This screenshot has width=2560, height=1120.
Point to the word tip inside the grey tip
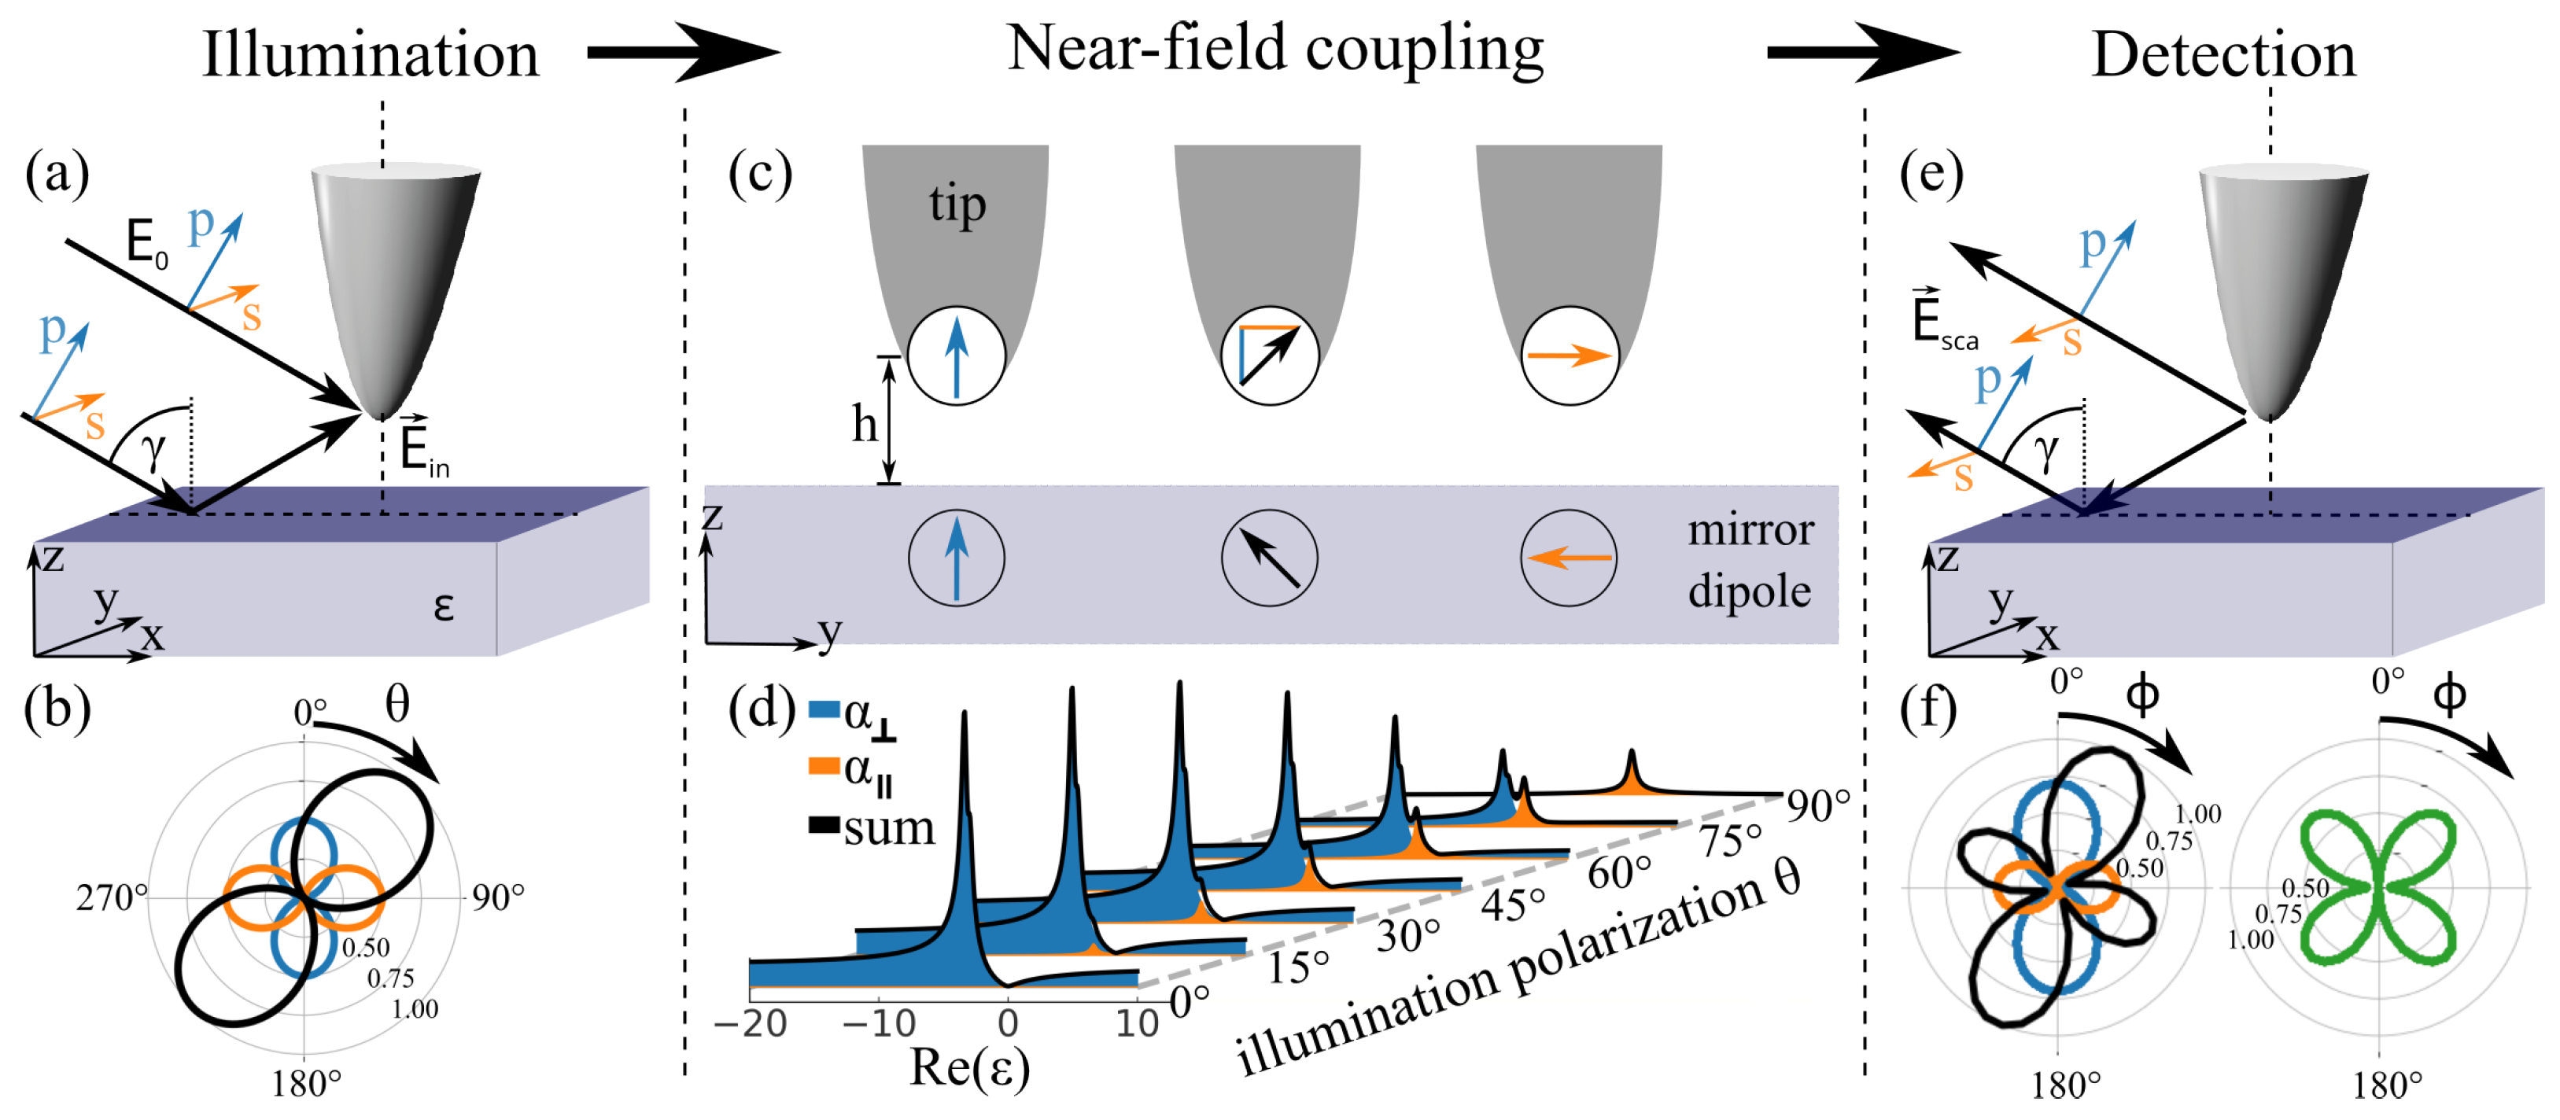(x=957, y=204)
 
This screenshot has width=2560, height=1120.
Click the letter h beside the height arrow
(x=865, y=426)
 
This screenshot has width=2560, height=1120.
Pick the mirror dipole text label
(x=1750, y=561)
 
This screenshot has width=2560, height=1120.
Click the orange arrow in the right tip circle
(x=1568, y=356)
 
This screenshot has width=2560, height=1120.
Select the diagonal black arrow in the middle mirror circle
(x=1270, y=558)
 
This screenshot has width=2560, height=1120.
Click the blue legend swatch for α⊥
(x=824, y=710)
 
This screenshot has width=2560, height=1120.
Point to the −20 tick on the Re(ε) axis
(x=751, y=1023)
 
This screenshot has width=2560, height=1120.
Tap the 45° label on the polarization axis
(x=1513, y=904)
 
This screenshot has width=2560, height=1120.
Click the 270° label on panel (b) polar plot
(x=110, y=898)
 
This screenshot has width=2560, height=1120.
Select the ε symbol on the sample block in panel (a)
(x=443, y=606)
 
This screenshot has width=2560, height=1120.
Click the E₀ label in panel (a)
(x=146, y=242)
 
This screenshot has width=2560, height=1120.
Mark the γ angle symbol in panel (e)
(x=2045, y=452)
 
